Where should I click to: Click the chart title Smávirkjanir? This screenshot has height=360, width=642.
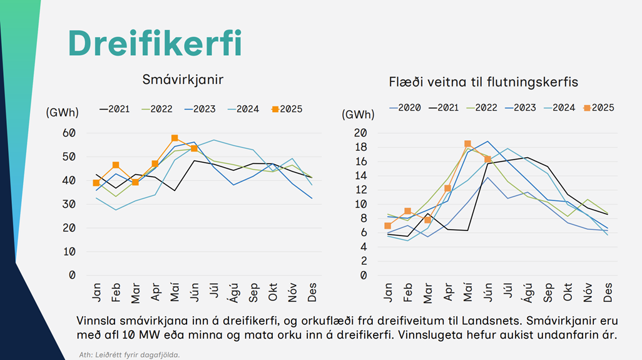click(x=183, y=80)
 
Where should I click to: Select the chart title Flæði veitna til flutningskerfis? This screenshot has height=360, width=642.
click(x=483, y=81)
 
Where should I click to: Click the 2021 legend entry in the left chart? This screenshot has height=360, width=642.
click(x=115, y=109)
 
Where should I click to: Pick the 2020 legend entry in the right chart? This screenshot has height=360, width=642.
click(x=405, y=108)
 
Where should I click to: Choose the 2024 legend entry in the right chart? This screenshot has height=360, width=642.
click(x=559, y=108)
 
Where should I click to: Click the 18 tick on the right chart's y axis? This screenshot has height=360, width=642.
click(x=361, y=147)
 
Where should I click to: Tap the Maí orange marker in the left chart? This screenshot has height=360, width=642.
click(x=175, y=138)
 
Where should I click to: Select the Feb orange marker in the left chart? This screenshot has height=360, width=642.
click(x=116, y=165)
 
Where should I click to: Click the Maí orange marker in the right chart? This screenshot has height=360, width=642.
click(x=467, y=144)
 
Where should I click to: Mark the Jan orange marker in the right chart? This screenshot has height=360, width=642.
click(x=388, y=225)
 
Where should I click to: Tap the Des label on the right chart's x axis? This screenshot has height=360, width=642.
click(x=606, y=293)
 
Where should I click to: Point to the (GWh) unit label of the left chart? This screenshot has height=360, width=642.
click(x=62, y=113)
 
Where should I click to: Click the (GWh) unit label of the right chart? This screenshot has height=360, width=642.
click(x=358, y=115)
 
